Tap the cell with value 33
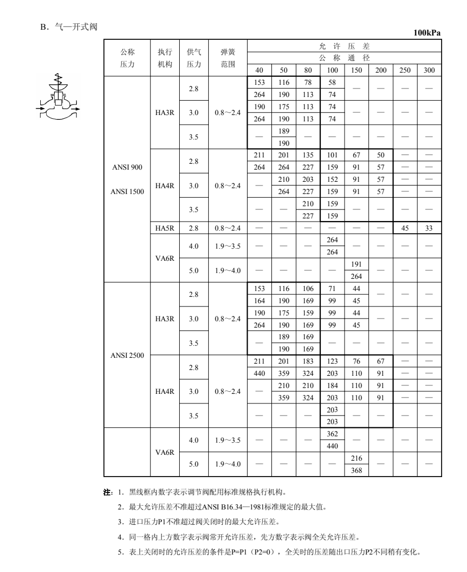click(x=429, y=228)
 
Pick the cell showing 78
click(x=307, y=84)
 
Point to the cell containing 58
click(x=332, y=84)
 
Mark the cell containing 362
click(x=332, y=434)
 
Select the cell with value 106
click(x=307, y=288)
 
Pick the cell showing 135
click(x=307, y=156)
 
